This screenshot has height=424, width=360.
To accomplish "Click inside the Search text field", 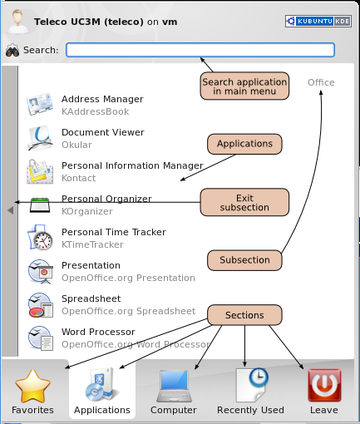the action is pos(200,50).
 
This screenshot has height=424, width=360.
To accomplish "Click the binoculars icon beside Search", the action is pos(12,50).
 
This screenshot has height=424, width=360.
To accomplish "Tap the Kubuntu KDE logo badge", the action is pos(318,21).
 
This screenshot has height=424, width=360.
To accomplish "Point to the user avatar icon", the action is pos(17,22).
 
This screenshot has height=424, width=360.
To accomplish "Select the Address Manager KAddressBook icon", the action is pos(40,104).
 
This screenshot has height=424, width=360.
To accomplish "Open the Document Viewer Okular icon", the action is pos(40,138).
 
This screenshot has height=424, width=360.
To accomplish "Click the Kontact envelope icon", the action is pos(40,172).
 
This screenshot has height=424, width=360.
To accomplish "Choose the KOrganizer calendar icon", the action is pos(40,205).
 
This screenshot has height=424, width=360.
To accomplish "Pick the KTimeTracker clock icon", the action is pos(40,238).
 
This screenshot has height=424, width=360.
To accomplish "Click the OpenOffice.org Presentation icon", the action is pos(41,272).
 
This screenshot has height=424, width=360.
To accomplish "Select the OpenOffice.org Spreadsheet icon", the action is pos(41,305).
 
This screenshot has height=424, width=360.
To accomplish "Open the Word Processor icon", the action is pos(41,338).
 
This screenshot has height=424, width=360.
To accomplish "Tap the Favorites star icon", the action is pos(32,386).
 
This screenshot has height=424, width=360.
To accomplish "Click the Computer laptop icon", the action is pos(174,386).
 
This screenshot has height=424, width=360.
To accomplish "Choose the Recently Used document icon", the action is pos(252,385).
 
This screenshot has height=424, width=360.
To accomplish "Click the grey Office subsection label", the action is pos(321,82).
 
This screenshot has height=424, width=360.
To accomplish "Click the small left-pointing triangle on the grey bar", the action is pos(11,210).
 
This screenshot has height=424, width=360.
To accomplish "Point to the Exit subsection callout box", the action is pos(244,202).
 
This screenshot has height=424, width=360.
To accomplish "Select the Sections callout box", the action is pos(244,315).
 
